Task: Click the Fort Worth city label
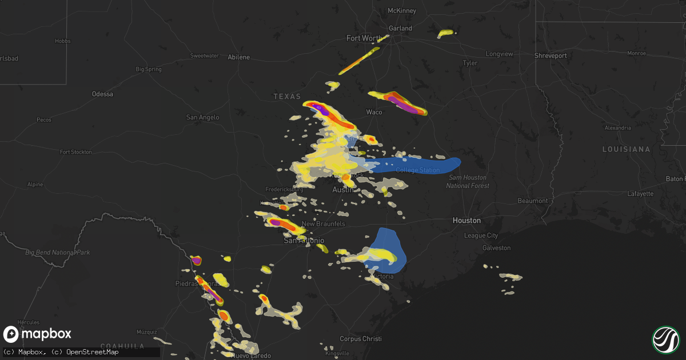tap(364, 38)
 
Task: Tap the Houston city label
tap(466, 220)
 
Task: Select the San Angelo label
tap(202, 117)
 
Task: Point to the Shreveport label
tap(551, 55)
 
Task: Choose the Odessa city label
tap(102, 94)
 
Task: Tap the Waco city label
tap(374, 112)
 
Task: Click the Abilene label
tap(239, 57)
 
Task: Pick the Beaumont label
tap(533, 201)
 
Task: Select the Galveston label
tap(496, 248)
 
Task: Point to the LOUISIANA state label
tap(626, 149)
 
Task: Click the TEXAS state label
tap(286, 97)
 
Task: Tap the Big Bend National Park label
tap(57, 252)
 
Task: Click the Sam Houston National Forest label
tap(467, 182)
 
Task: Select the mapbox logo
tap(37, 334)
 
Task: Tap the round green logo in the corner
tap(665, 339)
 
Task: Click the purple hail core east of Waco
tap(406, 105)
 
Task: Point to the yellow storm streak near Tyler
tap(445, 34)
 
